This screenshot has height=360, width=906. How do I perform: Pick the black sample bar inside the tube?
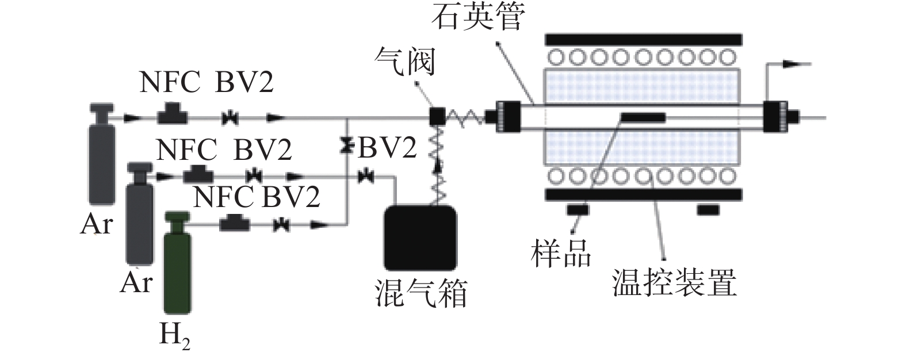[643, 118]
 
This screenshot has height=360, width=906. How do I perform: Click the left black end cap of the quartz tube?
[508, 117]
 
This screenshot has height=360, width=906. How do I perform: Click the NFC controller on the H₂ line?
[234, 223]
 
